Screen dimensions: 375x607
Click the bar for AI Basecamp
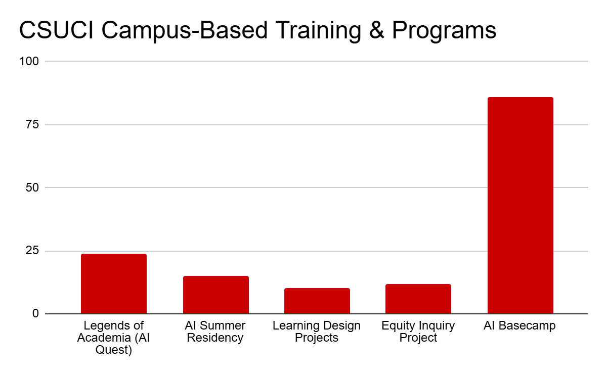point(520,205)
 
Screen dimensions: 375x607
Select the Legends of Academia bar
point(114,284)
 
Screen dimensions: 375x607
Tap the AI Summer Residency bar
point(215,295)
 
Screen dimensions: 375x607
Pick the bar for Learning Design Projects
point(317,301)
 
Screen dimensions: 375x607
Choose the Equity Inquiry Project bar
point(418,299)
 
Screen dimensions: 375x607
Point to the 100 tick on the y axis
point(29,61)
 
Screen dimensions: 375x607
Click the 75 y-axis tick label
point(32,124)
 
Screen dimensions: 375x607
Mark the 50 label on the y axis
point(32,187)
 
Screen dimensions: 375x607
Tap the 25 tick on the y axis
point(32,251)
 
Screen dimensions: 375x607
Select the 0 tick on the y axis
point(35,314)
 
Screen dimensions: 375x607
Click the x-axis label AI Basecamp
point(519,326)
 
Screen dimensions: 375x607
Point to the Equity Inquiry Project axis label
point(418,332)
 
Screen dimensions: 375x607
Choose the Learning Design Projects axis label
point(317,332)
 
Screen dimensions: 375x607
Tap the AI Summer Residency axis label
point(215,332)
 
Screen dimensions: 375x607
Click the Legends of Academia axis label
point(114,338)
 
